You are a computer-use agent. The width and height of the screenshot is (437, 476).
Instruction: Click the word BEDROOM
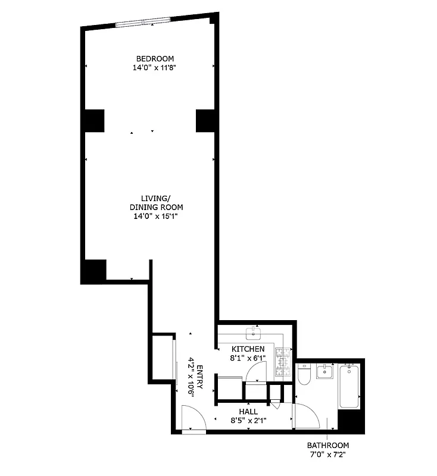pyautogui.click(x=155, y=58)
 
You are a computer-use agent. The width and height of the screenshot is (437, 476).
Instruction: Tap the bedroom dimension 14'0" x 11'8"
pyautogui.click(x=155, y=68)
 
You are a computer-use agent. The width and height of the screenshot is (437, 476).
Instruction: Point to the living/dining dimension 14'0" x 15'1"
pyautogui.click(x=157, y=217)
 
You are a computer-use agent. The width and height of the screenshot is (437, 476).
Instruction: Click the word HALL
pyautogui.click(x=248, y=411)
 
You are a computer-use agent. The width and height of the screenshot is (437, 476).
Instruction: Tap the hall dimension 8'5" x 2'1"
pyautogui.click(x=248, y=421)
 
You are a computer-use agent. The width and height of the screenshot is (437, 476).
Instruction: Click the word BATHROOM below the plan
pyautogui.click(x=328, y=445)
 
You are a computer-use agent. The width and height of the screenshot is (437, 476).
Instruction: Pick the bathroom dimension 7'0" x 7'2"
pyautogui.click(x=328, y=455)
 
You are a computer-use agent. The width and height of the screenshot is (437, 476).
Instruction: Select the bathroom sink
pyautogui.click(x=326, y=373)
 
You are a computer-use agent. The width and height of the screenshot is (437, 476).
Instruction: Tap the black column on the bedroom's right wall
pyautogui.click(x=205, y=121)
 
